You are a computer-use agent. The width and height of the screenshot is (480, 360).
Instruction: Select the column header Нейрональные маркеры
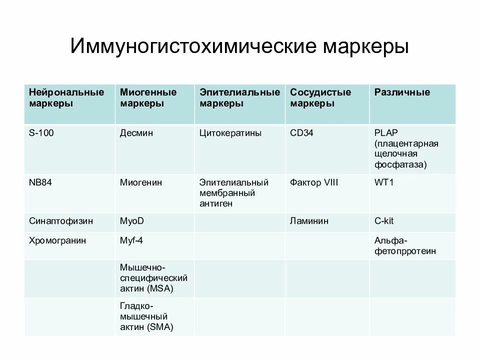(66, 98)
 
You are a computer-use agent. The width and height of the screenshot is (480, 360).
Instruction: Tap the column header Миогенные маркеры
(148, 98)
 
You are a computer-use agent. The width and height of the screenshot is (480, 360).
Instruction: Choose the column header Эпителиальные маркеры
(239, 98)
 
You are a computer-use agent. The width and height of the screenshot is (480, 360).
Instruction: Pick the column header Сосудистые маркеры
(320, 98)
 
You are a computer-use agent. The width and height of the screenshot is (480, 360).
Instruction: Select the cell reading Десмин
(136, 133)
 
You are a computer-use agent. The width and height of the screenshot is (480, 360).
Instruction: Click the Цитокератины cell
(230, 133)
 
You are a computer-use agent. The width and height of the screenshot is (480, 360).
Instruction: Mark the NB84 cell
(40, 182)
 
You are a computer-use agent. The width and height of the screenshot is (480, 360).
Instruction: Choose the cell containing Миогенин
(140, 182)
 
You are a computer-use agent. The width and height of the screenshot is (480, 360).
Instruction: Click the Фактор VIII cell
(314, 182)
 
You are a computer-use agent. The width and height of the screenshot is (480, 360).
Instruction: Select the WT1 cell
(384, 182)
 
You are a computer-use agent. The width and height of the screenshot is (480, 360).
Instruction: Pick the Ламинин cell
(309, 221)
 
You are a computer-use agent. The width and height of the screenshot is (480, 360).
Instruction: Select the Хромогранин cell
(57, 240)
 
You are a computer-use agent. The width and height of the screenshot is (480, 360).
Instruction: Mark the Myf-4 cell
(131, 240)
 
